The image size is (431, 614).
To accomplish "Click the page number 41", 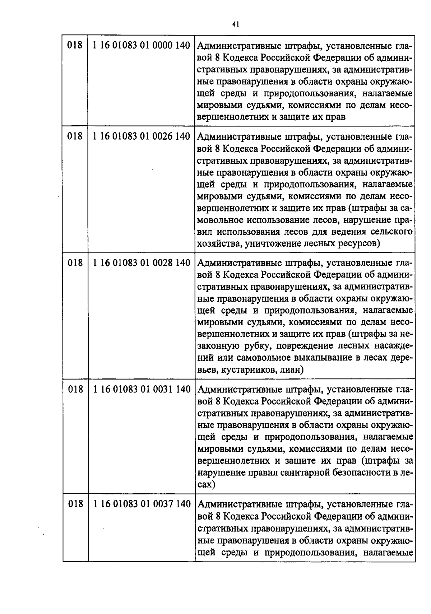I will tap(236, 24).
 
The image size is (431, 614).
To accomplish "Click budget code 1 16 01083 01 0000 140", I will tap(141, 46).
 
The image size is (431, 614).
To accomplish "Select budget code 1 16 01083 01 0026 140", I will tap(141, 136).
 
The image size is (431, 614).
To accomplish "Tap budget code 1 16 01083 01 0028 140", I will tap(141, 263).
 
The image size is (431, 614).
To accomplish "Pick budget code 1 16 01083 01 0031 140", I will tap(141, 389).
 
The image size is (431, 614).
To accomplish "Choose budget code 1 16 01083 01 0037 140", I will tap(141, 504).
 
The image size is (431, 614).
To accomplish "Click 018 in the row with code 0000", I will tap(75, 46).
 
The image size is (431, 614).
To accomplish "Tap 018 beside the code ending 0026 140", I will tap(75, 136).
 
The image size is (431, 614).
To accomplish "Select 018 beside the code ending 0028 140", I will tap(75, 263).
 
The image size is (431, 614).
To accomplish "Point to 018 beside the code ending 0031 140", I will tap(75, 389).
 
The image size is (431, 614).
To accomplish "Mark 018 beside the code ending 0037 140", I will tap(75, 504).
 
